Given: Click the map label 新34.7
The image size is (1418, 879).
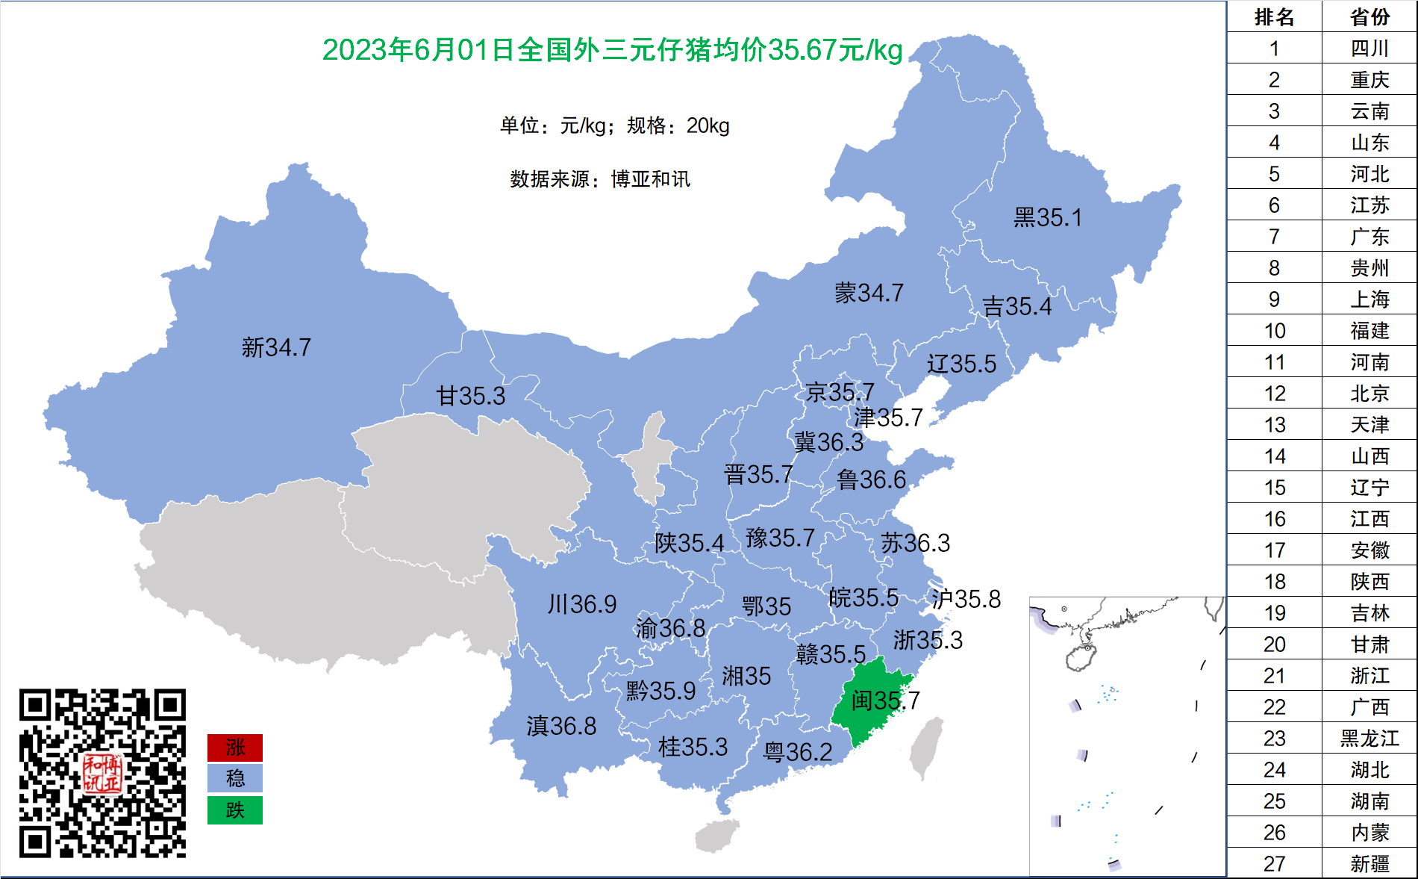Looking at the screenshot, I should point(276,347).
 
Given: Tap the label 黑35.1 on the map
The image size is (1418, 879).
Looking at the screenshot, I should point(1047,217).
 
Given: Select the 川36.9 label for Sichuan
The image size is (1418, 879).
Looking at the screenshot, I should point(582,604).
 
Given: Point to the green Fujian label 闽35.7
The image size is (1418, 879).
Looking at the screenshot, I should point(885,701).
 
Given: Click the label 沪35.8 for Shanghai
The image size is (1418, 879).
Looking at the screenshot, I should point(966,599).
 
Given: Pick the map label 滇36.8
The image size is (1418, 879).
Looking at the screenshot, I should point(561,726).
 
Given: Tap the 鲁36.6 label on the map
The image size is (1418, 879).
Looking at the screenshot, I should point(871,479).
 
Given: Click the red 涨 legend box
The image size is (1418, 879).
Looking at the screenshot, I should point(235,748).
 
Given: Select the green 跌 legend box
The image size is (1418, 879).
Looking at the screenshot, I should point(235,810).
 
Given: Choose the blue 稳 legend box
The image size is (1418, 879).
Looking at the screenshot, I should point(235,779).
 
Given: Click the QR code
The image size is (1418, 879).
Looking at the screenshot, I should point(102,773).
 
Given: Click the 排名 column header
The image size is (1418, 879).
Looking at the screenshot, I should point(1274,17).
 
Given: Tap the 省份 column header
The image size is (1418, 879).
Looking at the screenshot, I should point(1369,17).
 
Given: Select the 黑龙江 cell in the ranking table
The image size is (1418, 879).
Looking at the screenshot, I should point(1369,739).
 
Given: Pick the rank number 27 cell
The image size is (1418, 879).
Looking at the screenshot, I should point(1274,864).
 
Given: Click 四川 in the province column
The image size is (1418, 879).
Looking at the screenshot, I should point(1369,49).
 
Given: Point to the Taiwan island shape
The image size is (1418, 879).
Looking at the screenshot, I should point(926,747).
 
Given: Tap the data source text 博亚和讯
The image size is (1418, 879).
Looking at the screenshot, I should point(651,179).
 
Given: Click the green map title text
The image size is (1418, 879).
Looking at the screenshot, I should point(612,50).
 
